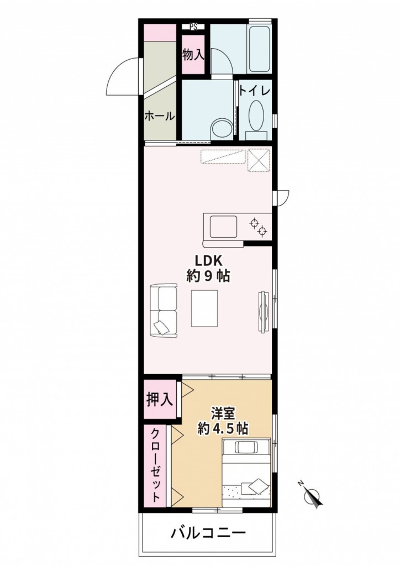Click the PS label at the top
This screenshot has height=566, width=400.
[194, 27]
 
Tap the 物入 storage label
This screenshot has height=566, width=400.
[193, 55]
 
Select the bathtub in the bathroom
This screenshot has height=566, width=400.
[260, 49]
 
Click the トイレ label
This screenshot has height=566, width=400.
[255, 91]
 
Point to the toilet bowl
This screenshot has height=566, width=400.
[256, 116]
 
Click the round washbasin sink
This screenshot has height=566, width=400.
[222, 128]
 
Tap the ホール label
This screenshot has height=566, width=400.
[160, 116]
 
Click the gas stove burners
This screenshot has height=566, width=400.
[259, 227]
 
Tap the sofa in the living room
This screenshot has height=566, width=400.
[164, 311]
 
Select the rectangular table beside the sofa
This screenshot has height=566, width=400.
[204, 308]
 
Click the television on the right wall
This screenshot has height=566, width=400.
[264, 311]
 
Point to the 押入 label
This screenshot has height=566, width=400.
[159, 400]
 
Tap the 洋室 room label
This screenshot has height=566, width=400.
[223, 412]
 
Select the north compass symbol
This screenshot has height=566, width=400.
[311, 496]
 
